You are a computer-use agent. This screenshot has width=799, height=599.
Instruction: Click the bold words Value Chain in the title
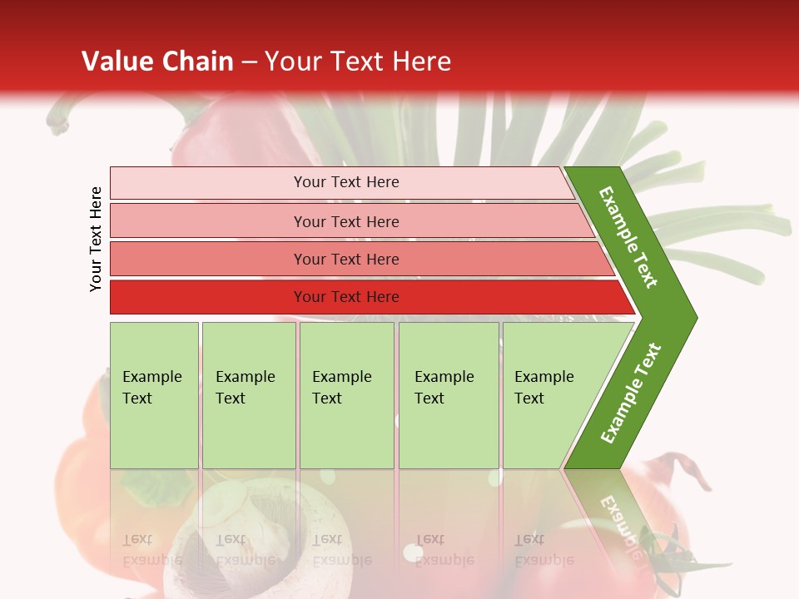pyautogui.click(x=157, y=62)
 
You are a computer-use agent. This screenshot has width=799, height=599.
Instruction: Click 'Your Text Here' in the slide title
pyautogui.click(x=358, y=62)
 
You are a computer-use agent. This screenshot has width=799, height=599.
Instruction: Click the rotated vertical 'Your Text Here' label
pyautogui.click(x=97, y=239)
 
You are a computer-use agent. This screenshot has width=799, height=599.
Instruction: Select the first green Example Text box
pyautogui.click(x=154, y=395)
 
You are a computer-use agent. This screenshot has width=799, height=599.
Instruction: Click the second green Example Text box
pyautogui.click(x=248, y=395)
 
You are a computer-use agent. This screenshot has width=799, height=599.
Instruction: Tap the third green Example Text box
pyautogui.click(x=346, y=395)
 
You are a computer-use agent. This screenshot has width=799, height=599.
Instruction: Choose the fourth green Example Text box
pyautogui.click(x=449, y=395)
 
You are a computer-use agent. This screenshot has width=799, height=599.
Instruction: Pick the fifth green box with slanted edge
pyautogui.click(x=549, y=395)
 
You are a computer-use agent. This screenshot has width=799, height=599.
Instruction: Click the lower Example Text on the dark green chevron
pyautogui.click(x=631, y=393)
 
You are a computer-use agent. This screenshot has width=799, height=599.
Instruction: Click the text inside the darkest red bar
pyautogui.click(x=346, y=297)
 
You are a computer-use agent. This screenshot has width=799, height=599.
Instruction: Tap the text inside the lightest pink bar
pyautogui.click(x=346, y=182)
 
